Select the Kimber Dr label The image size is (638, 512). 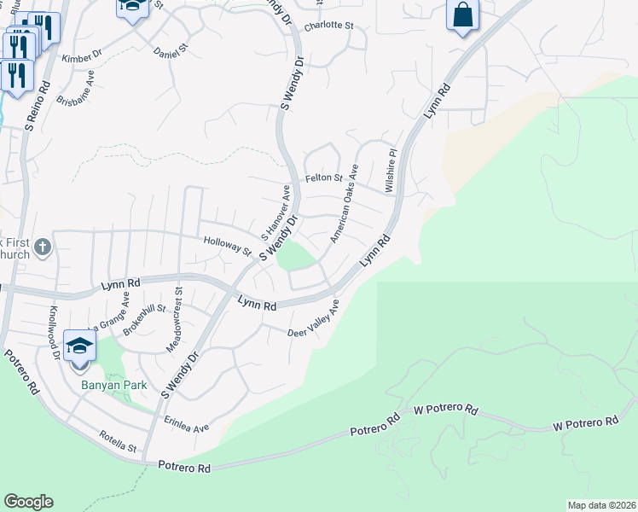click(82, 59)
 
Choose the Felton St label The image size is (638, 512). click(323, 178)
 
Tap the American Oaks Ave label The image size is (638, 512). click(344, 204)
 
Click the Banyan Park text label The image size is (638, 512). click(114, 385)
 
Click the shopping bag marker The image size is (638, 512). click(462, 15)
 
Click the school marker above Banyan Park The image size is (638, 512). click(79, 346)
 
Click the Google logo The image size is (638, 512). click(28, 502)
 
